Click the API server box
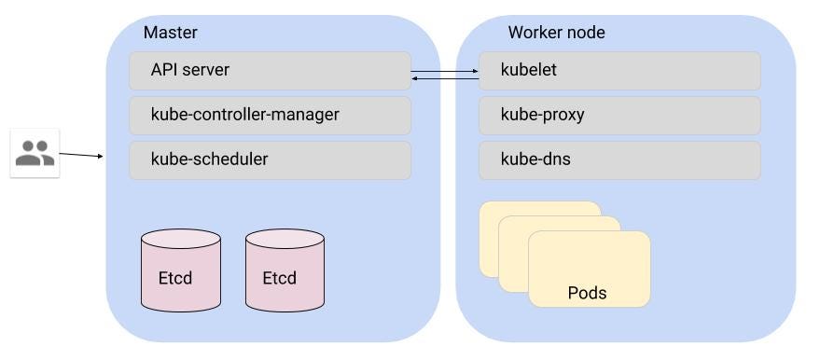pos(270,70)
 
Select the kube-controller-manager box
pos(270,115)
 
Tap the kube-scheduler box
pos(270,159)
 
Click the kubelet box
pos(619,70)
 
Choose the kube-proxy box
pos(619,115)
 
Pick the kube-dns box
pos(619,159)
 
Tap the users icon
pos(35,153)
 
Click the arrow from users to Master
pos(81,155)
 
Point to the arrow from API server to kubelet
pos(445,70)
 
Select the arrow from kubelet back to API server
pos(445,78)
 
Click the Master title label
pos(170,33)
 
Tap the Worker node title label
pos(556,33)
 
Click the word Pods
pos(587,293)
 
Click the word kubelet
pos(529,70)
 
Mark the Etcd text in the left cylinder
pos(175,278)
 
